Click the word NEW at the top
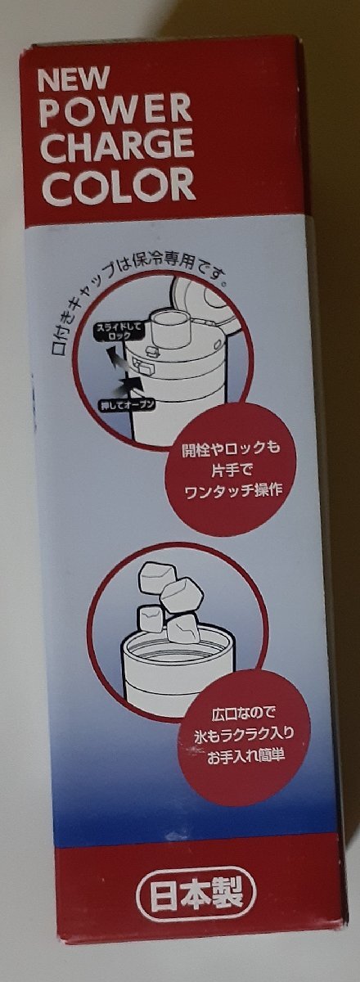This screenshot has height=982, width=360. pos(74,80)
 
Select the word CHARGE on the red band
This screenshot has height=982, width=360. pos(119,146)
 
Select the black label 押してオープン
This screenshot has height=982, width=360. pos(127,403)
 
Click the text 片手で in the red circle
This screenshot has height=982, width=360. pos(230,471)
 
